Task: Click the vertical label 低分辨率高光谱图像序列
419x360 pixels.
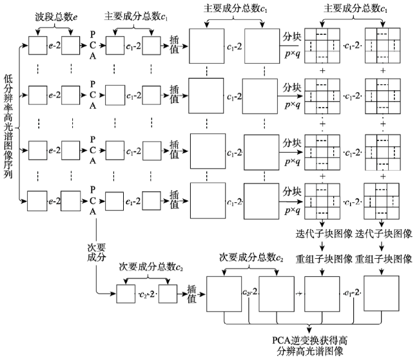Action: tap(8, 126)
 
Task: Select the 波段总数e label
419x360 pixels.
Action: tap(56, 17)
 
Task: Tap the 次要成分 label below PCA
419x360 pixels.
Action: tap(97, 252)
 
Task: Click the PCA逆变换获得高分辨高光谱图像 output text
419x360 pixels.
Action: tap(309, 346)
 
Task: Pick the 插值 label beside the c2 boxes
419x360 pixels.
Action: tap(191, 294)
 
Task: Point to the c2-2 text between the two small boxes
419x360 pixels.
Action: tap(147, 294)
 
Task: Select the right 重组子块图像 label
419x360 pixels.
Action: tap(384, 259)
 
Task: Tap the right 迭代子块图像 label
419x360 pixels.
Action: tap(384, 234)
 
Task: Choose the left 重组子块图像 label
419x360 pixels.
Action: tap(324, 259)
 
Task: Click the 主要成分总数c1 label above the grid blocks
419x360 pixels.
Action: tap(356, 9)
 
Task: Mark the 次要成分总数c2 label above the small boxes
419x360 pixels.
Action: tap(151, 267)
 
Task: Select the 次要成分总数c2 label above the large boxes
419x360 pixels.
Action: tap(251, 258)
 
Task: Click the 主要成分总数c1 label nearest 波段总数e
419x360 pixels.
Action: tap(136, 16)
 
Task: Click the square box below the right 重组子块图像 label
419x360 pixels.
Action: tap(382, 293)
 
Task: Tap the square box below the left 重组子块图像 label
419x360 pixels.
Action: tap(322, 294)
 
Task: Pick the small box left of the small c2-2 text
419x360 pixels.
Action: tap(126, 294)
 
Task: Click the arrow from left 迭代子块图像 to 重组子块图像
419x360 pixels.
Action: tap(322, 246)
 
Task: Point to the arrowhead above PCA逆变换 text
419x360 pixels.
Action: tap(309, 328)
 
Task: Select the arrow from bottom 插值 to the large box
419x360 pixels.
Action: tap(200, 294)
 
